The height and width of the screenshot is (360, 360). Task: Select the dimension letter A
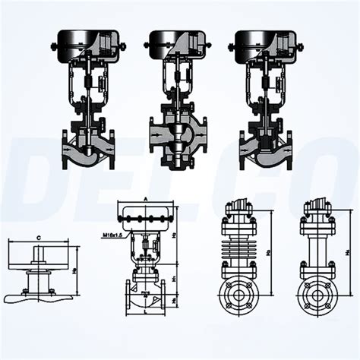144,200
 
